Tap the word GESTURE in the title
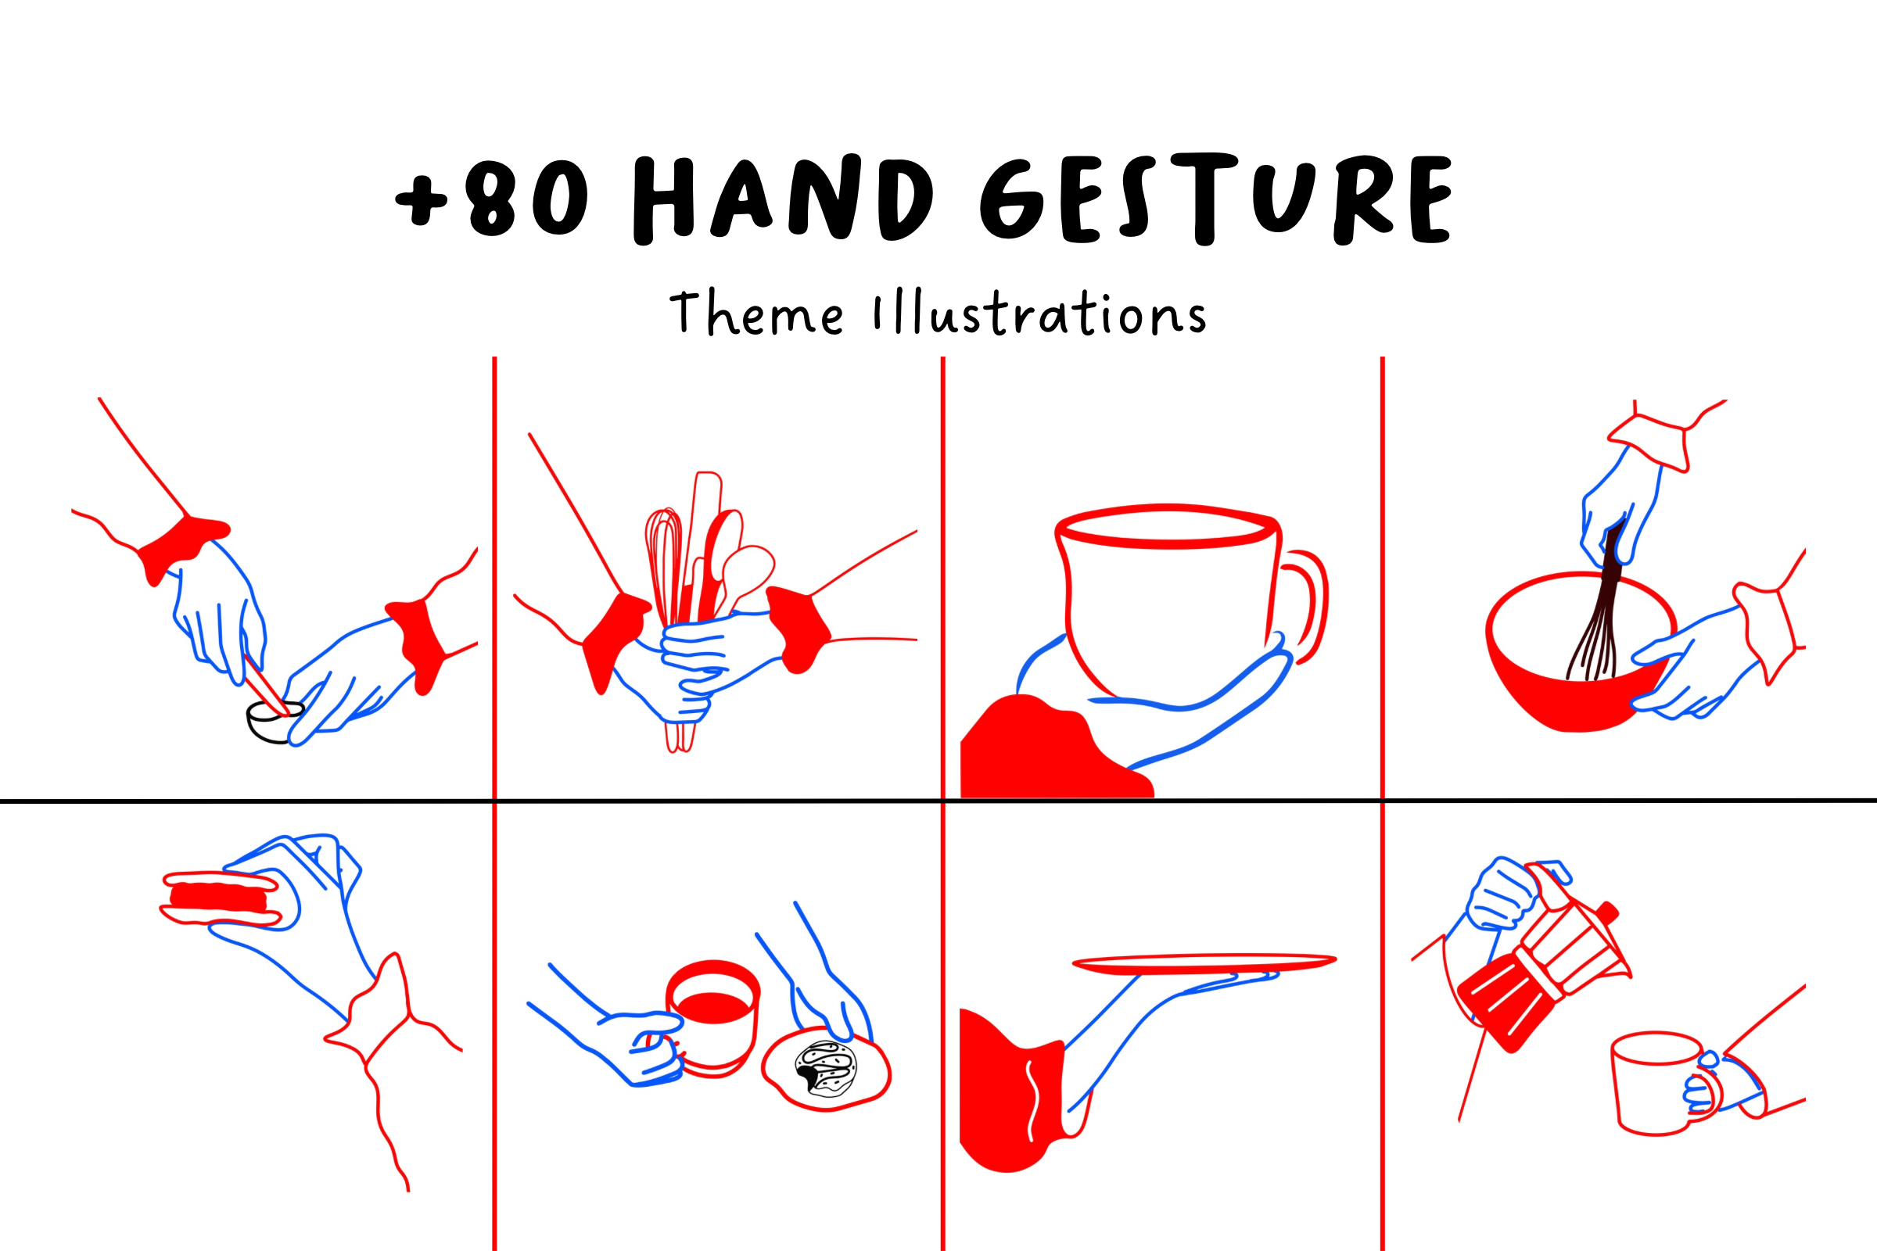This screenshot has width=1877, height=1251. [1215, 199]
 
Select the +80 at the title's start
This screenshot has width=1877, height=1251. [492, 198]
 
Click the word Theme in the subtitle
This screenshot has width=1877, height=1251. [755, 313]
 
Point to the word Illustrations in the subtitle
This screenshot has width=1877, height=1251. [1040, 312]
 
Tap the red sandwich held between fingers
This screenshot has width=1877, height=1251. [221, 898]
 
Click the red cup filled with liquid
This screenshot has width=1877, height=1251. [712, 1018]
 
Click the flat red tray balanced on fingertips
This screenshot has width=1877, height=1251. [1204, 963]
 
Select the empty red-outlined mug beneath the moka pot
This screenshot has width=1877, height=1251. [1665, 1082]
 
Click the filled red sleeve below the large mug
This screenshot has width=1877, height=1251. [1046, 750]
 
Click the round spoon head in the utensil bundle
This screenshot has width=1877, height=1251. [748, 568]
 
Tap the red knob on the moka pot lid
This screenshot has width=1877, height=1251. [1608, 911]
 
